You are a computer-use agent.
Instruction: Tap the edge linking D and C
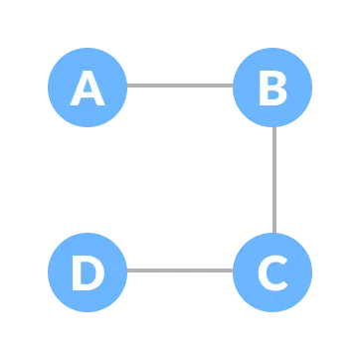(x=179, y=270)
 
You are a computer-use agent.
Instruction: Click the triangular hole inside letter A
(x=88, y=87)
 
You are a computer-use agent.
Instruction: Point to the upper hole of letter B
(x=272, y=80)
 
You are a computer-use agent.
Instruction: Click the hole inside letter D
(x=88, y=271)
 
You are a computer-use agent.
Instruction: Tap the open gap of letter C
(x=281, y=271)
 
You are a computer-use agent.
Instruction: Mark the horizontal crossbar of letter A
(x=88, y=95)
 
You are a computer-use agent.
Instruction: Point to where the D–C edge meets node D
(x=127, y=270)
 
